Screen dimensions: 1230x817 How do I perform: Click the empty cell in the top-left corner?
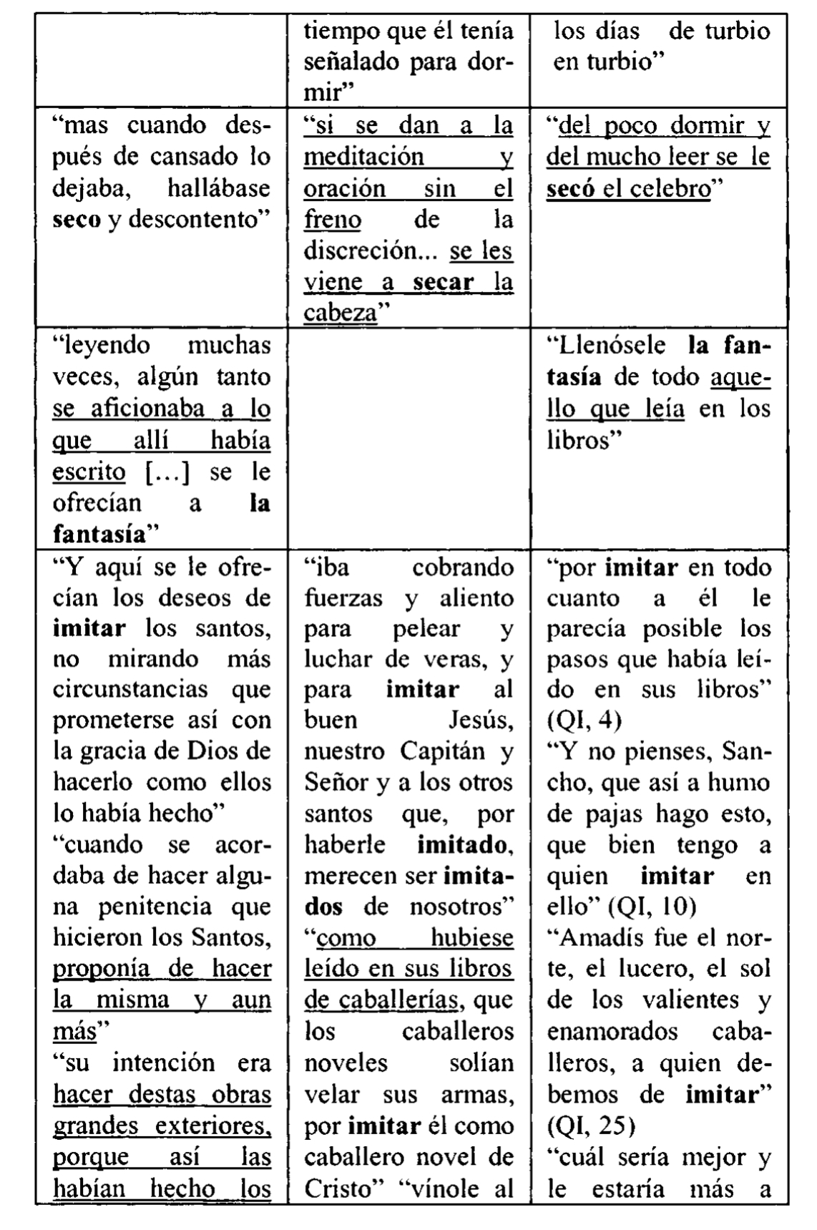pyautogui.click(x=162, y=60)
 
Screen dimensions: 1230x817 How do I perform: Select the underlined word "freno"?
pyautogui.click(x=332, y=220)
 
